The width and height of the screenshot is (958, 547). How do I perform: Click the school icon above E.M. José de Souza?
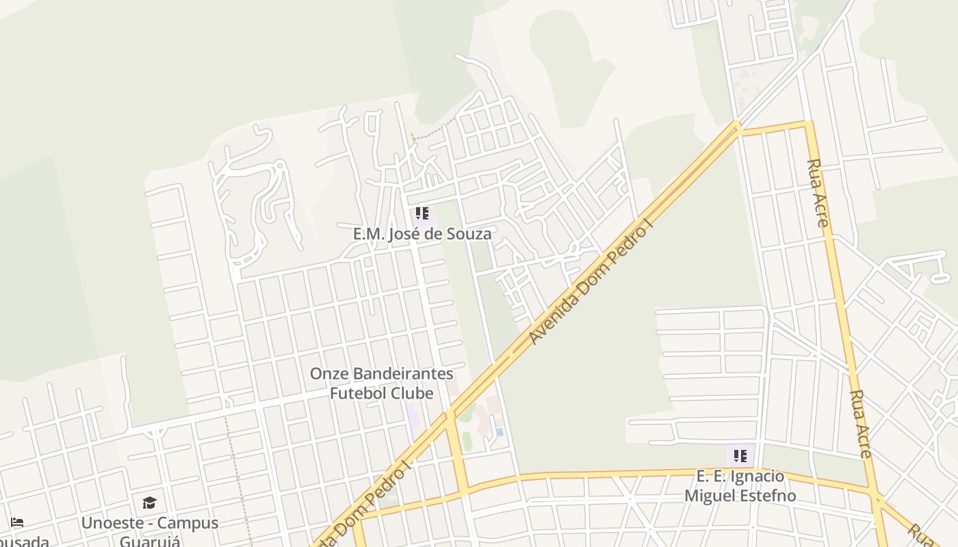tap(422, 214)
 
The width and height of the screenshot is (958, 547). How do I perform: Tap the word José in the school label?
tap(404, 234)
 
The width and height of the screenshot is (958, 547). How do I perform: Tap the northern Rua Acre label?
tap(818, 193)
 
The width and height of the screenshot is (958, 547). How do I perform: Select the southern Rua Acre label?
tap(860, 424)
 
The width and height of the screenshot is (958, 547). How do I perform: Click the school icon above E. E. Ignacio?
tap(740, 455)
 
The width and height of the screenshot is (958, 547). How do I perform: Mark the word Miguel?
tap(709, 496)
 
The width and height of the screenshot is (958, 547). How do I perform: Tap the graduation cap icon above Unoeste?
tap(149, 504)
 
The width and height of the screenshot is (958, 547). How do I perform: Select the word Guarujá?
tap(150, 542)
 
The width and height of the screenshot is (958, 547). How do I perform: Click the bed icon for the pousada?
tap(17, 523)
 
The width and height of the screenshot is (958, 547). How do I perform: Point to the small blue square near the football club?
tap(500, 431)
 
